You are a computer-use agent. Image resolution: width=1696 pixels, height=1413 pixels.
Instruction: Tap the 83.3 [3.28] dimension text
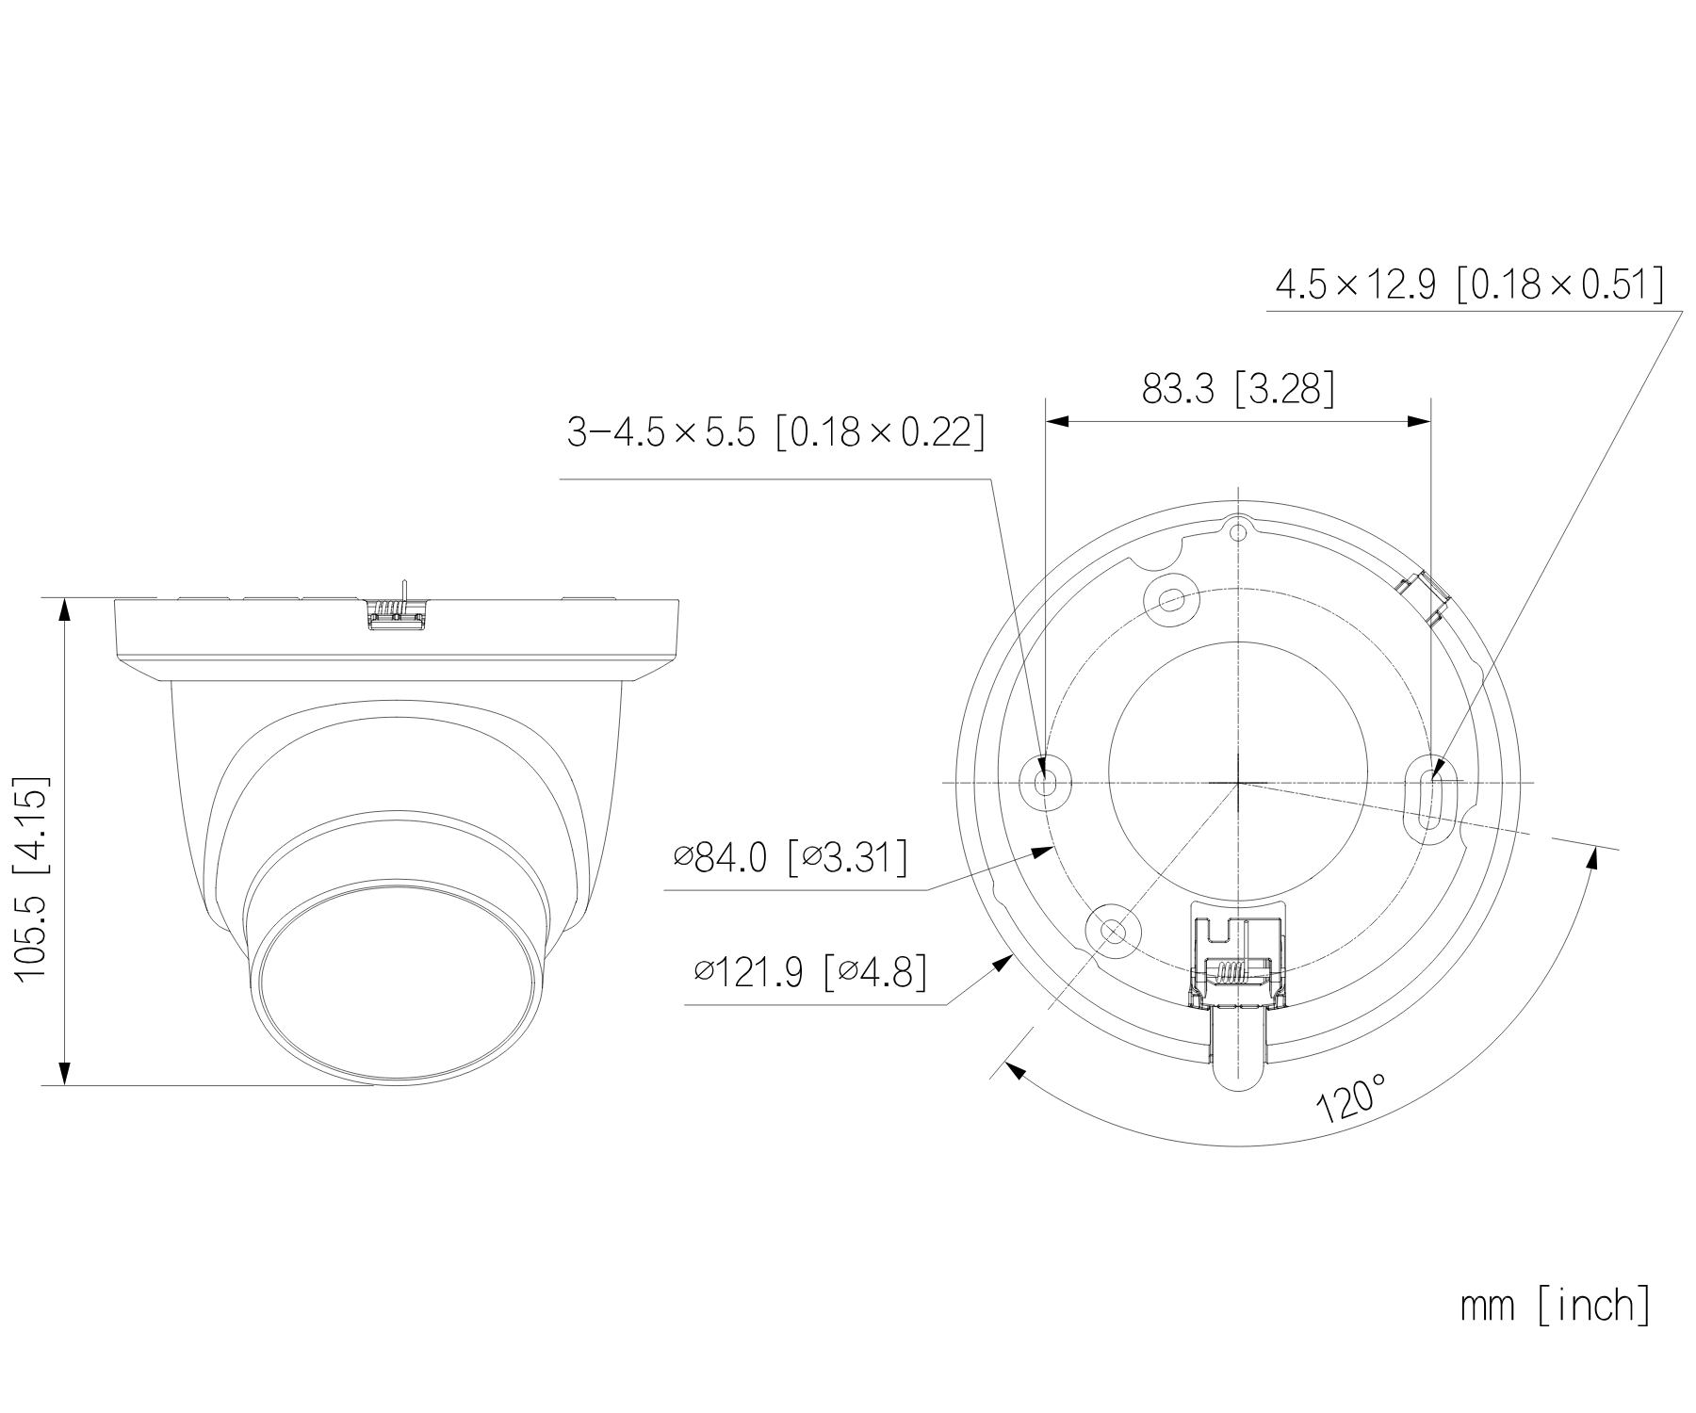[1238, 388]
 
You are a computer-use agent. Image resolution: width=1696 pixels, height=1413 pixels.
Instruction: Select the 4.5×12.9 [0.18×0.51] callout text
[1468, 284]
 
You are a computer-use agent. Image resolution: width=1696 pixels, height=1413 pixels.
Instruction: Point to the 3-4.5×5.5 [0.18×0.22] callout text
[775, 432]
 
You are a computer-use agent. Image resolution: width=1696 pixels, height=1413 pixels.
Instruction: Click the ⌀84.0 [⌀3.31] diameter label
[791, 857]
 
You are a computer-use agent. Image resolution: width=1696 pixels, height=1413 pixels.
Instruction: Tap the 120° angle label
[1352, 1096]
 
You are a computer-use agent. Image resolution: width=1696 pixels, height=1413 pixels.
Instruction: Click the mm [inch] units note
[1555, 1306]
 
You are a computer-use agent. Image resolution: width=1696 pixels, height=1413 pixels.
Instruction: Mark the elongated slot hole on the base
[1429, 795]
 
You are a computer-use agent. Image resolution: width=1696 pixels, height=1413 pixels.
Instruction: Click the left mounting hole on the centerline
[1046, 782]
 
